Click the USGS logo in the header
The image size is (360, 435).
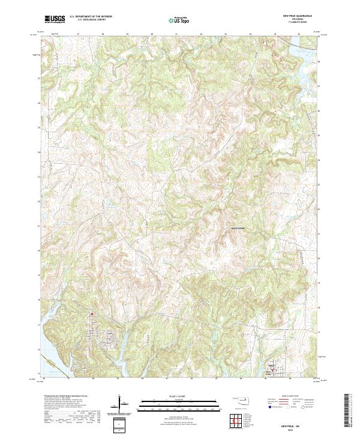coord(55,19)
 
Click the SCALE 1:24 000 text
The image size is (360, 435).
coord(179,395)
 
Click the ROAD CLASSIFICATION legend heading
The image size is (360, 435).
coord(289,395)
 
